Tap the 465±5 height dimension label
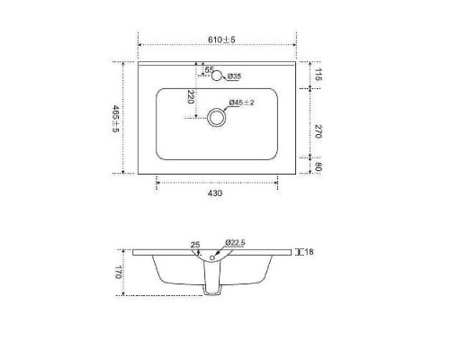[115, 117]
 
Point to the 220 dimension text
[192, 97]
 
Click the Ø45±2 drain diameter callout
[242, 103]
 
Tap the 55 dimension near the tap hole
[209, 69]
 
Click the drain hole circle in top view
[216, 117]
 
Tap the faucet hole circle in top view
[217, 76]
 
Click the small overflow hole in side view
[212, 260]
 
